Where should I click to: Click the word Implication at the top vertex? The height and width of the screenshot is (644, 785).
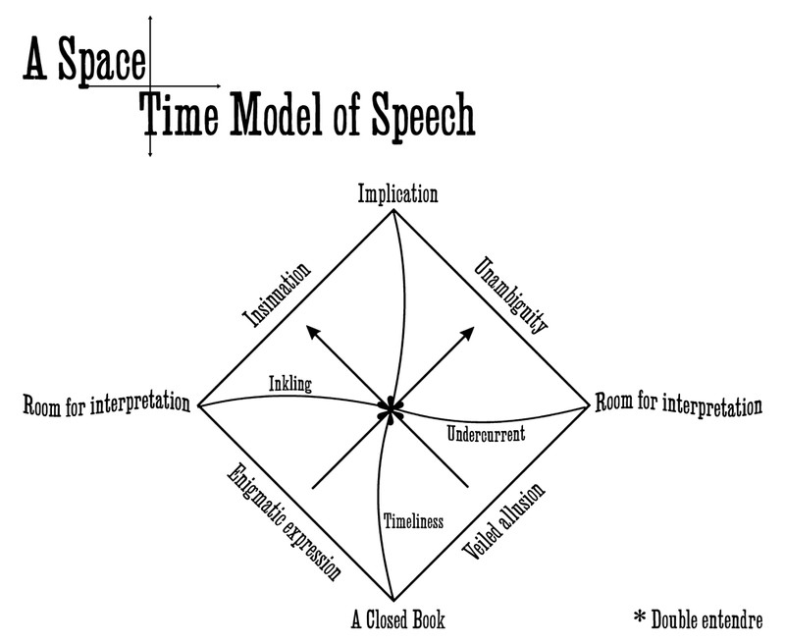coord(396,193)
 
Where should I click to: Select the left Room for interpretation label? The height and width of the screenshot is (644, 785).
coord(105,404)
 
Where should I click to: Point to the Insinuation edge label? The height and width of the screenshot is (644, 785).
coord(276,293)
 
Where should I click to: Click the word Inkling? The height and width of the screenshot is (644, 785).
coord(288,385)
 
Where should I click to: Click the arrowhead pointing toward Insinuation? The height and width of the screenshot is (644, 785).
coord(312,333)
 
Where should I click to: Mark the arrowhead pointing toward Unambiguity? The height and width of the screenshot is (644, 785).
coord(468,333)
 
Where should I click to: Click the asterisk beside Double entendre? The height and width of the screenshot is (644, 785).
coord(641,617)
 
